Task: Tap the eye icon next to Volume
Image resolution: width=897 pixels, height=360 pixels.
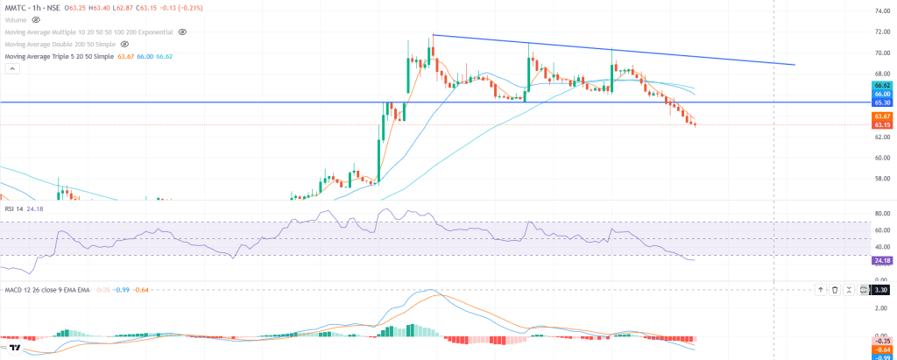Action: [36, 18]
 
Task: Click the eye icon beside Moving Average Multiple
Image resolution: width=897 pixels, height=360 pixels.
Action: [182, 31]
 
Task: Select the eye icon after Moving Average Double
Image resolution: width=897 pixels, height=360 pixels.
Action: [124, 43]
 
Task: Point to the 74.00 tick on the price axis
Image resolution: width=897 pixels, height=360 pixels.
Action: [882, 11]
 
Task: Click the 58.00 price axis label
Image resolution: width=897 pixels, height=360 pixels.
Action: [882, 179]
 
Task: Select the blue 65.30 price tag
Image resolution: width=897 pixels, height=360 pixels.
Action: [882, 102]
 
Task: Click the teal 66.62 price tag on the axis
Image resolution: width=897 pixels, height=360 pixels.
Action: [882, 85]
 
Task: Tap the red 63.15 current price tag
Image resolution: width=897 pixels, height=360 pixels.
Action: [882, 124]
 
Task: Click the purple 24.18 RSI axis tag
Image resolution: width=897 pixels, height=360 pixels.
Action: [882, 260]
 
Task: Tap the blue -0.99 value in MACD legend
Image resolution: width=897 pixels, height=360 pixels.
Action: [125, 289]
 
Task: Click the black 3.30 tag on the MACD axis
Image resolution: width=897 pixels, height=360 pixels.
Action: [882, 289]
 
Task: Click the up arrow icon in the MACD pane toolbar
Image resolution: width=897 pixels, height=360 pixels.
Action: [820, 289]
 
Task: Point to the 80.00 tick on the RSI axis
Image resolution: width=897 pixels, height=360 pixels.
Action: [882, 213]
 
